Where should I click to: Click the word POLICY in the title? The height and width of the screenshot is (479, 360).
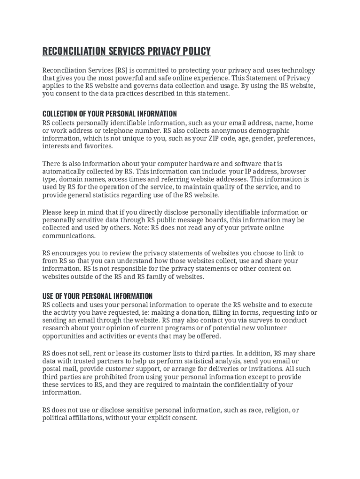(193, 51)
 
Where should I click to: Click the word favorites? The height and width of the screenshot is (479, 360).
(99, 146)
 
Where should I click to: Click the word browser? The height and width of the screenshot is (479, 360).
(293, 171)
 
